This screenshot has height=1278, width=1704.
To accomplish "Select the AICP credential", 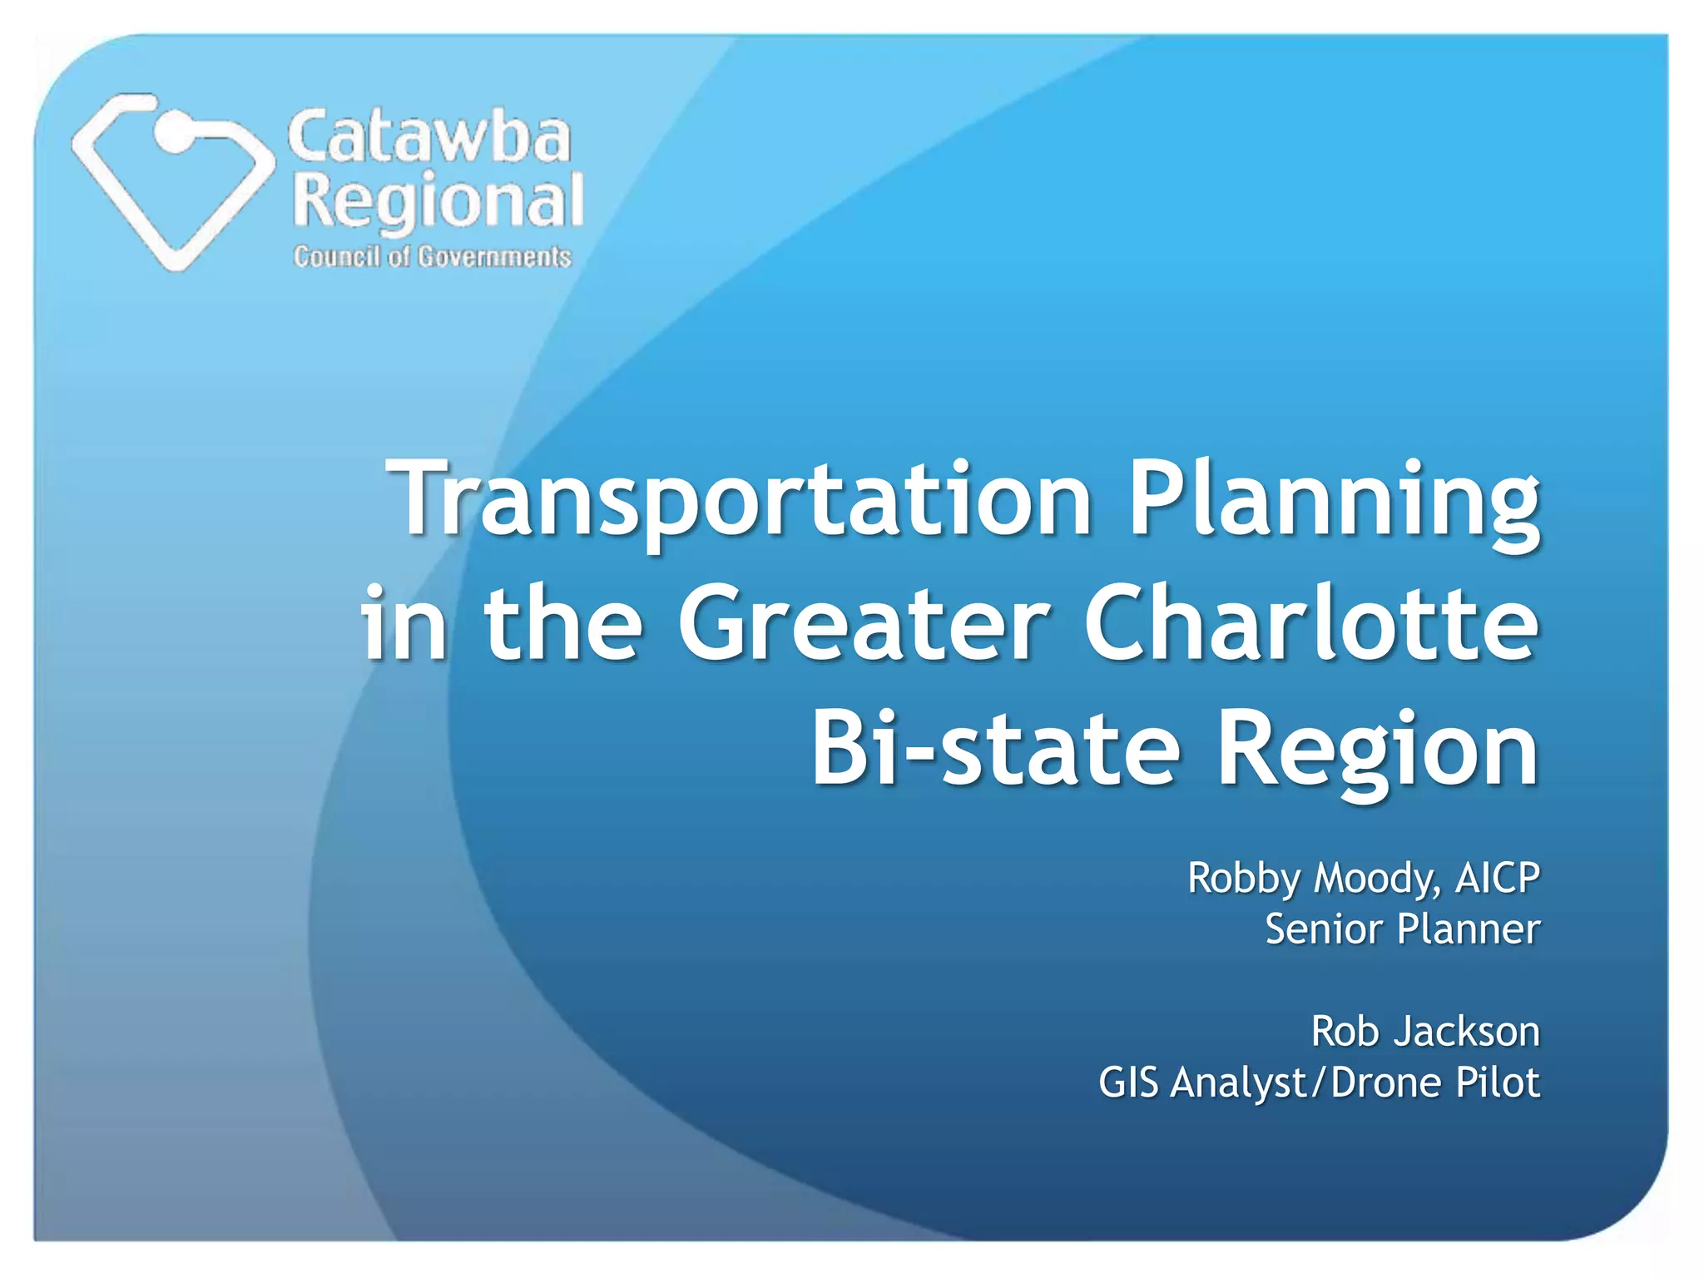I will coord(1497,879).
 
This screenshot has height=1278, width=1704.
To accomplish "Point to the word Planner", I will coord(1468,929).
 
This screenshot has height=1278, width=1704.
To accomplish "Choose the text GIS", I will coord(1128,1082).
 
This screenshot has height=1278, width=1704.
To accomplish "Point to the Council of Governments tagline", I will coord(432,256).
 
